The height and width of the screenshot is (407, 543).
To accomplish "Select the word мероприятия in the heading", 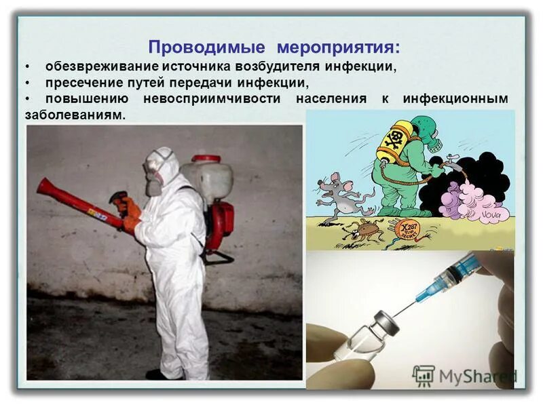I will (337, 47).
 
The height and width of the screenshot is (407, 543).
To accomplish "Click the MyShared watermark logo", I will (464, 376).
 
